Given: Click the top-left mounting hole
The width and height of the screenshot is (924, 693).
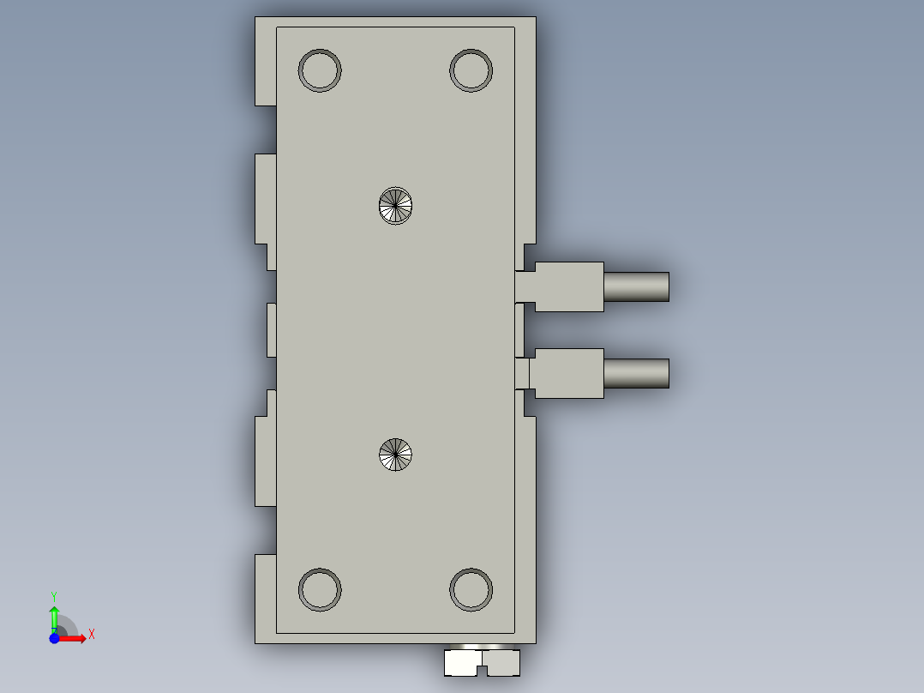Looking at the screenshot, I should tap(320, 70).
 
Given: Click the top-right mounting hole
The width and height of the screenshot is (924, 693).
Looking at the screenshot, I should tap(471, 70).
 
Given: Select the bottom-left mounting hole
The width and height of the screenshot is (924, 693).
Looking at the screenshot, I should tap(320, 589).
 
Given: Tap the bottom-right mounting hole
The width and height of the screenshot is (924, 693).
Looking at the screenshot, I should tap(471, 589).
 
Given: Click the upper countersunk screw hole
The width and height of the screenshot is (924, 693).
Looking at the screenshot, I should tap(395, 206).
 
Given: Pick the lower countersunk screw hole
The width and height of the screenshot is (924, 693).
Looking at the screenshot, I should tap(395, 454).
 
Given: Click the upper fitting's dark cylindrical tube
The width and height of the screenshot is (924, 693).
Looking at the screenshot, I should tap(636, 287).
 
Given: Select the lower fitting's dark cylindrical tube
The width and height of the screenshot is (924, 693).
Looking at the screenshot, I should tap(636, 373).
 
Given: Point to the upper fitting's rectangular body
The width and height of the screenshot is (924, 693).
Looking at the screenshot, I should tap(568, 287).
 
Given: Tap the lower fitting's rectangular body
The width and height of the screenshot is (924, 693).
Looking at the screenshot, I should tap(567, 373).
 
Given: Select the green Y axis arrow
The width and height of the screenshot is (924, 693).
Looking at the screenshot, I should tap(54, 617).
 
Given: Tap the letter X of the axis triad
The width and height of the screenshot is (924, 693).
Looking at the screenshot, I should tap(92, 635).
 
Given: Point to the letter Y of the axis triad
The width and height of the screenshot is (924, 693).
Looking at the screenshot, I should tap(54, 595).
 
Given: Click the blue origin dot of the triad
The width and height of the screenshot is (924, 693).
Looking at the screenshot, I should tap(54, 638).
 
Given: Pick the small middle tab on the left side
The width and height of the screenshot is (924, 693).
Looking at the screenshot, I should tap(271, 329).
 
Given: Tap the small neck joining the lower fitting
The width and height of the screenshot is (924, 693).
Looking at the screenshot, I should tap(522, 373).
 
